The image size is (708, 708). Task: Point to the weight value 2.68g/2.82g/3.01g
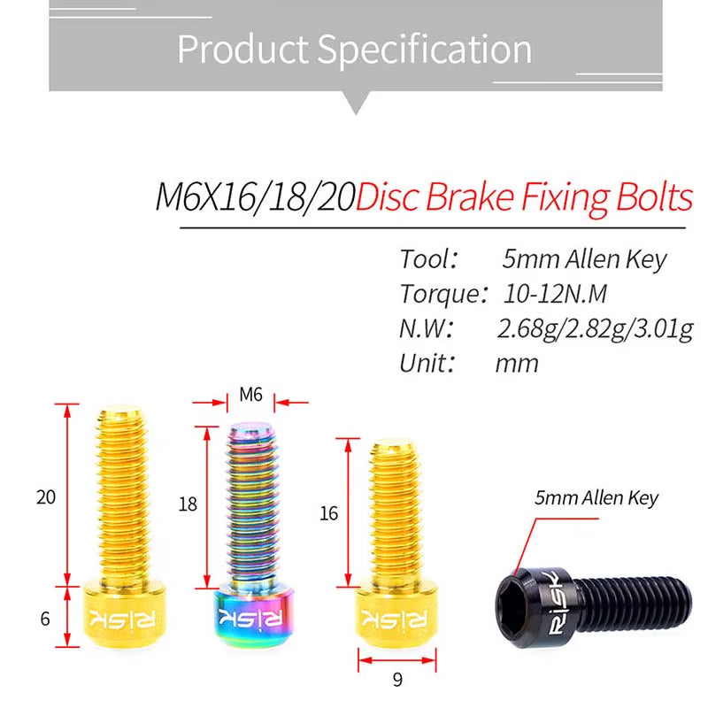595,328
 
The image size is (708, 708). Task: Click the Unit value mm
517,363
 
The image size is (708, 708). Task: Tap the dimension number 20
46,496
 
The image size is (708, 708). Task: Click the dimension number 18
188,504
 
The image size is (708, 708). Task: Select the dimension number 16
328,513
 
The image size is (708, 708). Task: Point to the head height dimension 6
45,619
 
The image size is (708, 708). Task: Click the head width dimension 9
397,680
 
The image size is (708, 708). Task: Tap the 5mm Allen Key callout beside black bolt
596,498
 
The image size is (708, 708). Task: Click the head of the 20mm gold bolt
119,617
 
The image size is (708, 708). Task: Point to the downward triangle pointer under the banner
356,104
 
